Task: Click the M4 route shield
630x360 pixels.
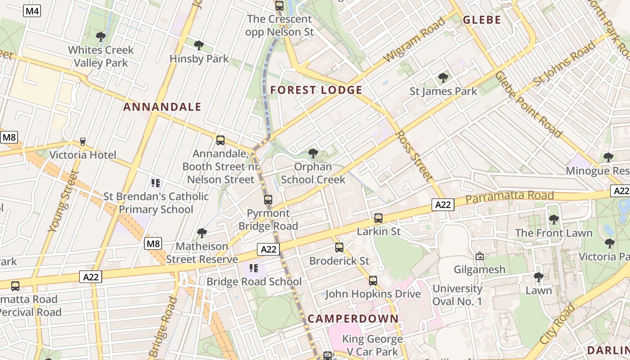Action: click(32, 11)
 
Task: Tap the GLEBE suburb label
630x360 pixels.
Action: click(482, 20)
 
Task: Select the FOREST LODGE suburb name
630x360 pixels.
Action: click(316, 90)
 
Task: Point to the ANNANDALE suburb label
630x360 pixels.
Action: click(162, 107)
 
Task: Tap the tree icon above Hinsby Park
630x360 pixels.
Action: click(198, 45)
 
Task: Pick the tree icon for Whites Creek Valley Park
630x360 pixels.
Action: click(101, 36)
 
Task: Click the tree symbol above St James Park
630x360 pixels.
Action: click(443, 78)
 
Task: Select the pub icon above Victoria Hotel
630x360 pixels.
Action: click(83, 142)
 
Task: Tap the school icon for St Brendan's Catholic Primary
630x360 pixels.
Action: click(156, 183)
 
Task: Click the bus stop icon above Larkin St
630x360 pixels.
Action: click(378, 218)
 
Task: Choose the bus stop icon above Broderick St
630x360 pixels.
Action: click(339, 247)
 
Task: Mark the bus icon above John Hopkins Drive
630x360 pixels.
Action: click(373, 281)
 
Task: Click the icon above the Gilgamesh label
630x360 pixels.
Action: click(480, 256)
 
